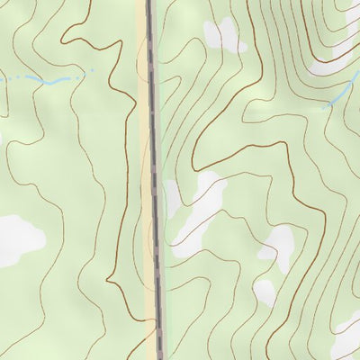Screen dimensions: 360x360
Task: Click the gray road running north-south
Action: (x=154, y=180)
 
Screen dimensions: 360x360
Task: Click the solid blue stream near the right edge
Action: (x=342, y=94)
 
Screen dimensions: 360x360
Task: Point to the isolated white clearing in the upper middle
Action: (x=223, y=34)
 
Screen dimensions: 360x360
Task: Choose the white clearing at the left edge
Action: (x=18, y=239)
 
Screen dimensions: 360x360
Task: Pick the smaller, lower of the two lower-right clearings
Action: (x=265, y=290)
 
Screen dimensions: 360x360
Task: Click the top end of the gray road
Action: (x=149, y=3)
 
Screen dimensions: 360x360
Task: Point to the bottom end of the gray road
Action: (x=160, y=356)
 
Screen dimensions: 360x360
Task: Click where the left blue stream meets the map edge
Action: (x=2, y=81)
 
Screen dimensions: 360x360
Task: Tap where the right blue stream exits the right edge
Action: (x=357, y=82)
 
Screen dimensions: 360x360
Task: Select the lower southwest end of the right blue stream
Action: (x=325, y=106)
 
